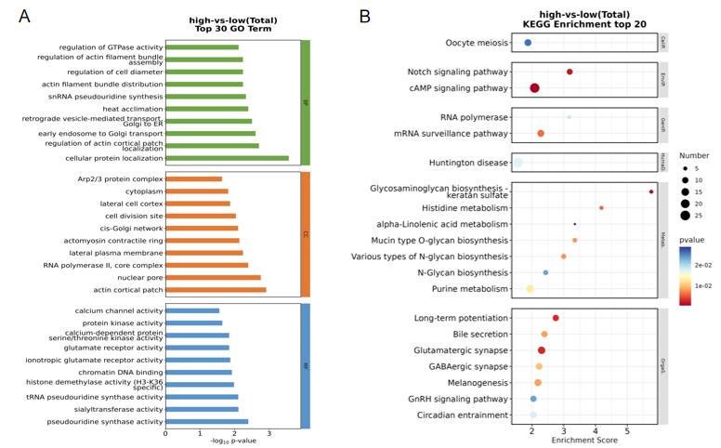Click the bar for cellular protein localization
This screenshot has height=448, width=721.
[x=227, y=158]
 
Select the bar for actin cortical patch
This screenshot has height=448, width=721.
[x=216, y=290]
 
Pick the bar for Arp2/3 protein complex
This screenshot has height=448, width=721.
[x=193, y=178]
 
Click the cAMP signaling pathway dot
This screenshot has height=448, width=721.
[x=535, y=88]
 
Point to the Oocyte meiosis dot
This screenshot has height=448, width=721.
[x=528, y=43]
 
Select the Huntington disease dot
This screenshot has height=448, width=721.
[x=518, y=163]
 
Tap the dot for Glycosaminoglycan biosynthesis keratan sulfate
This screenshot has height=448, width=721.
[x=651, y=191]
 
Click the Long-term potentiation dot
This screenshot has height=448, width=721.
[x=556, y=318]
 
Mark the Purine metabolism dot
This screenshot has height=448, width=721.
[x=530, y=289]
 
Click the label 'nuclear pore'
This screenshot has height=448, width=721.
[x=140, y=277]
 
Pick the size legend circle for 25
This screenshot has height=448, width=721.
[x=685, y=216]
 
